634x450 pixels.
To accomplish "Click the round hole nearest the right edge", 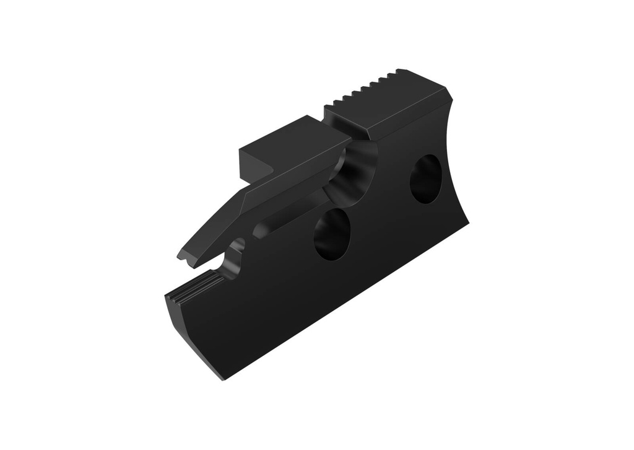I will (x=425, y=178).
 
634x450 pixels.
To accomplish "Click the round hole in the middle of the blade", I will (x=332, y=234).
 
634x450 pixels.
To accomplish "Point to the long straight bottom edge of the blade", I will (x=347, y=301).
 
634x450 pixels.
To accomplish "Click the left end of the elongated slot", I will (x=259, y=232).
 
